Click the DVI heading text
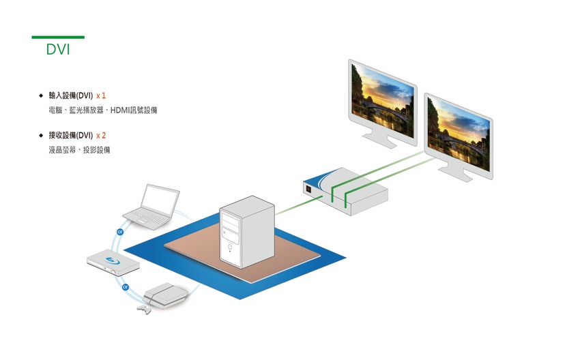coord(58,50)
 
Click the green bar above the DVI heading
coord(58,37)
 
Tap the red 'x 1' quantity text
coord(101,95)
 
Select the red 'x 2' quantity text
coord(101,136)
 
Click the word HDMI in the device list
coord(120,110)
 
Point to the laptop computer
coord(153,206)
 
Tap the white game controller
coord(143,309)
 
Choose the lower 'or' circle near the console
coord(126,288)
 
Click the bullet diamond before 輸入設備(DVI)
coord(42,95)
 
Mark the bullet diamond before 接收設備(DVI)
coord(42,136)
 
